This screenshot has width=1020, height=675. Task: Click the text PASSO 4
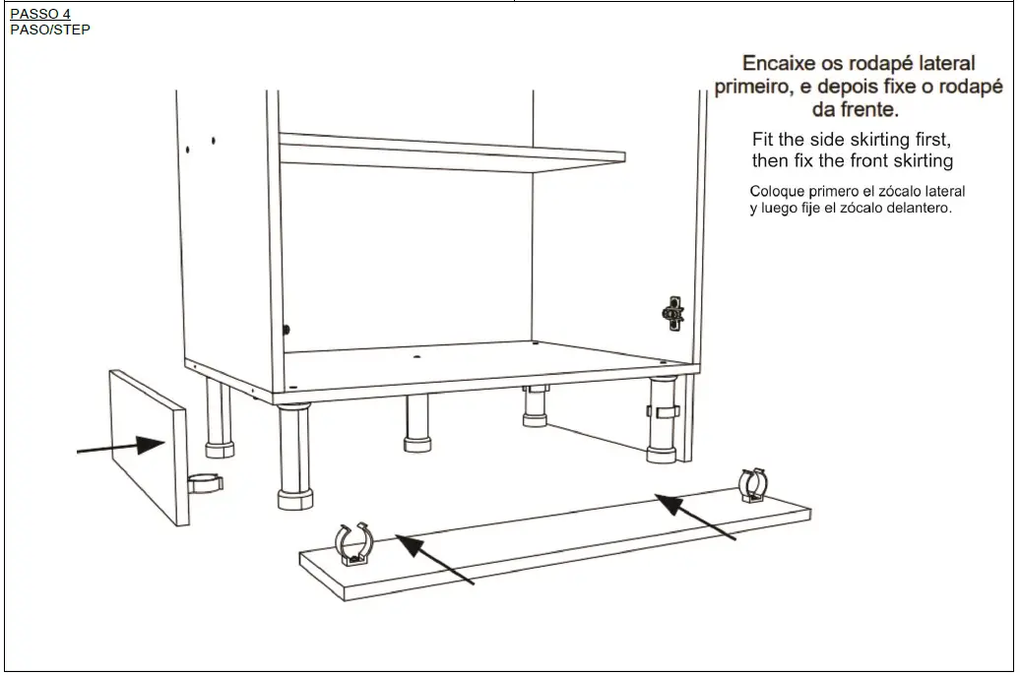(39, 14)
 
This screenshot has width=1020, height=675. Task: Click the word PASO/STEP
(49, 30)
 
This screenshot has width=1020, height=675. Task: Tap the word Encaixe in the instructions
(779, 63)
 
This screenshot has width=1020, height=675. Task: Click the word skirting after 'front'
(921, 160)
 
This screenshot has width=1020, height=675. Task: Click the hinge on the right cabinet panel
(672, 313)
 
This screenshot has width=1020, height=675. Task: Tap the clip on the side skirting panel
(205, 483)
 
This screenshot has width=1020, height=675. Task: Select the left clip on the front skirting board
(355, 544)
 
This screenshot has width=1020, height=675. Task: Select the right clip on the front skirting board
(753, 484)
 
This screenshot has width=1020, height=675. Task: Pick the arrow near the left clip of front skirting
(433, 559)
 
